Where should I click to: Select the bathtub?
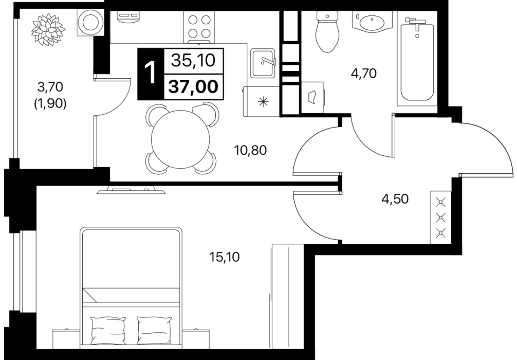click(417, 59)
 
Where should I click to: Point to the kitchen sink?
click(263, 63)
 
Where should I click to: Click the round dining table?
click(180, 140)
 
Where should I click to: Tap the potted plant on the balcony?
click(48, 29)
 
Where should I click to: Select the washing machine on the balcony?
click(90, 22)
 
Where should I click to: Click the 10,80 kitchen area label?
click(250, 150)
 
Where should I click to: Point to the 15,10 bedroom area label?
click(225, 257)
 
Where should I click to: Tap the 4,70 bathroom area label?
click(364, 73)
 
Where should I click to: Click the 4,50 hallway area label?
click(395, 199)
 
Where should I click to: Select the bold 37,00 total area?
click(194, 87)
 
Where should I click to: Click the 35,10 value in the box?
click(194, 60)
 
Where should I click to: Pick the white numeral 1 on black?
click(151, 74)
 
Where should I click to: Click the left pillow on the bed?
click(108, 330)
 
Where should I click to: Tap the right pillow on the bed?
click(154, 330)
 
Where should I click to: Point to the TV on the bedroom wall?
click(131, 190)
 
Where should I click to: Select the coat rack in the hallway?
click(440, 218)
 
